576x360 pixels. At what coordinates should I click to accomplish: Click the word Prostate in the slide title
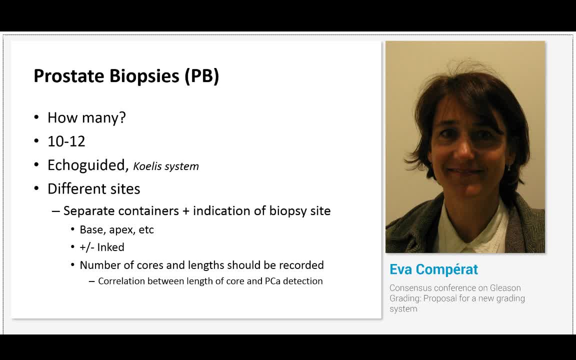pos(68,75)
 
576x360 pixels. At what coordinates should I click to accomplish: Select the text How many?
pos(86,117)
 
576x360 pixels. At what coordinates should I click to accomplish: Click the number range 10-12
pos(66,141)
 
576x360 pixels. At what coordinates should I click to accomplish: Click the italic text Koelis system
pos(166,166)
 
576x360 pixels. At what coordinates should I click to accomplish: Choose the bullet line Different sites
pos(94,189)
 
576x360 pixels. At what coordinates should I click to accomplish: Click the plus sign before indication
pos(185,211)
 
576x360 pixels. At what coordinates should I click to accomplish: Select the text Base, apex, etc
pos(117,230)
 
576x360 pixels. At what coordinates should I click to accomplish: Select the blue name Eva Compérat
pos(433,269)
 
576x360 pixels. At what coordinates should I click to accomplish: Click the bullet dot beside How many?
pos(36,117)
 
